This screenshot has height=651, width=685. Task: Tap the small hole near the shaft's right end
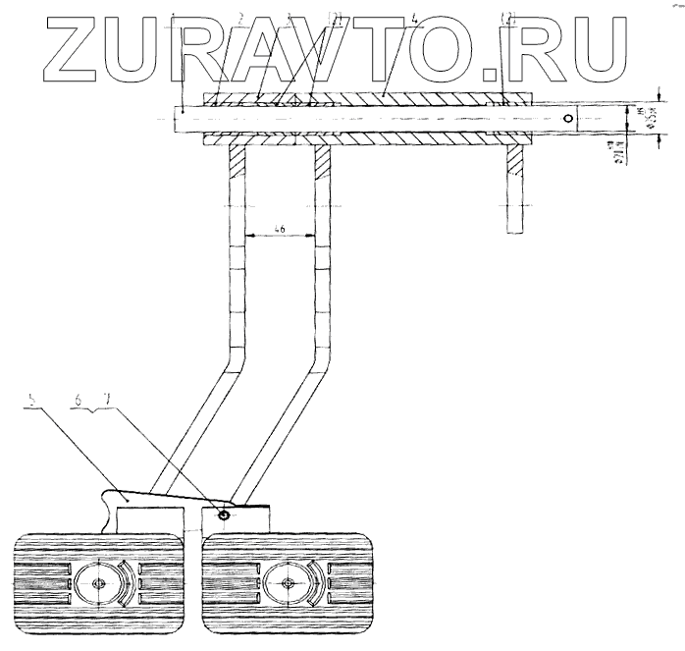(x=566, y=118)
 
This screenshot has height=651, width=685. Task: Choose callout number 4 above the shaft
(x=388, y=17)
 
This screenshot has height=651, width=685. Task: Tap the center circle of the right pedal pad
(x=288, y=584)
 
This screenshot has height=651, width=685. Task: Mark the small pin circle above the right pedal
(x=224, y=515)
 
